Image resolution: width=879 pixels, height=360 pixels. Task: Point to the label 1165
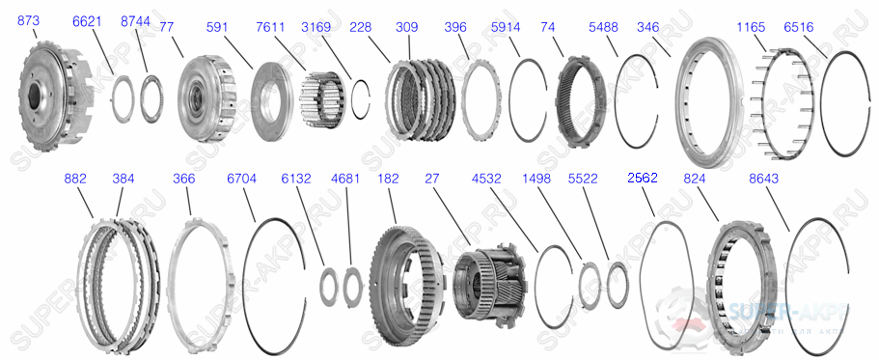(751, 28)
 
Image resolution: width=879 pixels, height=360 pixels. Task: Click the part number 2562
(642, 178)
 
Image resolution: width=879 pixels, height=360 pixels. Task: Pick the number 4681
(344, 179)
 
